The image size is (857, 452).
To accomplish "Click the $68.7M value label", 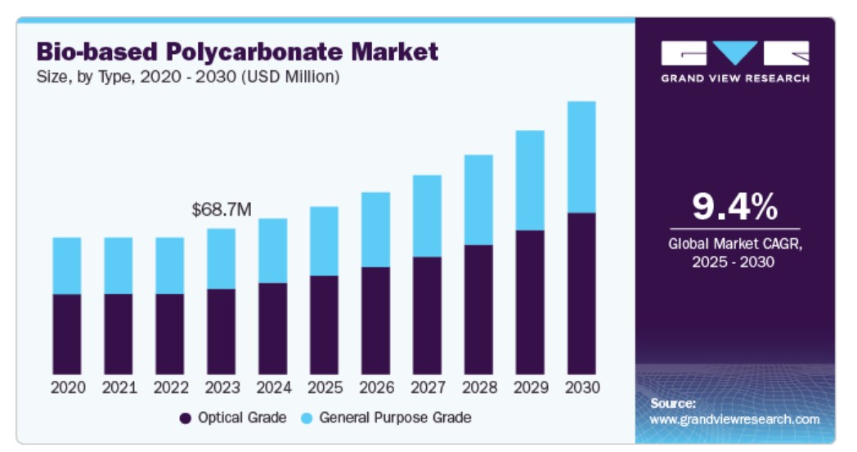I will [221, 210].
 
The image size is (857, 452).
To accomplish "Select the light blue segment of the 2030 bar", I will [581, 157].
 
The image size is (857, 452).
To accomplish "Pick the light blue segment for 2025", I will [324, 240].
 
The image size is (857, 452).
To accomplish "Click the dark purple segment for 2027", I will [427, 316].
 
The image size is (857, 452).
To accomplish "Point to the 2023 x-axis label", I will [221, 387].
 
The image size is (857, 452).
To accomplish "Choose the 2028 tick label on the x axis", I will [478, 387].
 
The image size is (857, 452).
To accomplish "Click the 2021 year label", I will [118, 387].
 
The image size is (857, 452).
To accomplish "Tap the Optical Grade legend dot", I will [186, 418].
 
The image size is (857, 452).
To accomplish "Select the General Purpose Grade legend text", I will [395, 418].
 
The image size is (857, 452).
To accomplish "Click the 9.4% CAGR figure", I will [734, 208].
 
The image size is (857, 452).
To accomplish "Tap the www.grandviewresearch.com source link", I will [734, 419].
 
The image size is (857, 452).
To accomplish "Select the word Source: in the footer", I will [673, 403].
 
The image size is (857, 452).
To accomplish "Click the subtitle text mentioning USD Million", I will [187, 78].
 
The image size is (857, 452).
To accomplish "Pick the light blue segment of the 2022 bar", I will [169, 266].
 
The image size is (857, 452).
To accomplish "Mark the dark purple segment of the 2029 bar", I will [530, 302].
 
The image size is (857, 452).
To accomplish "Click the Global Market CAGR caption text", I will [734, 253].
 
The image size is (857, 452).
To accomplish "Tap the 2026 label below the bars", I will [375, 387].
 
